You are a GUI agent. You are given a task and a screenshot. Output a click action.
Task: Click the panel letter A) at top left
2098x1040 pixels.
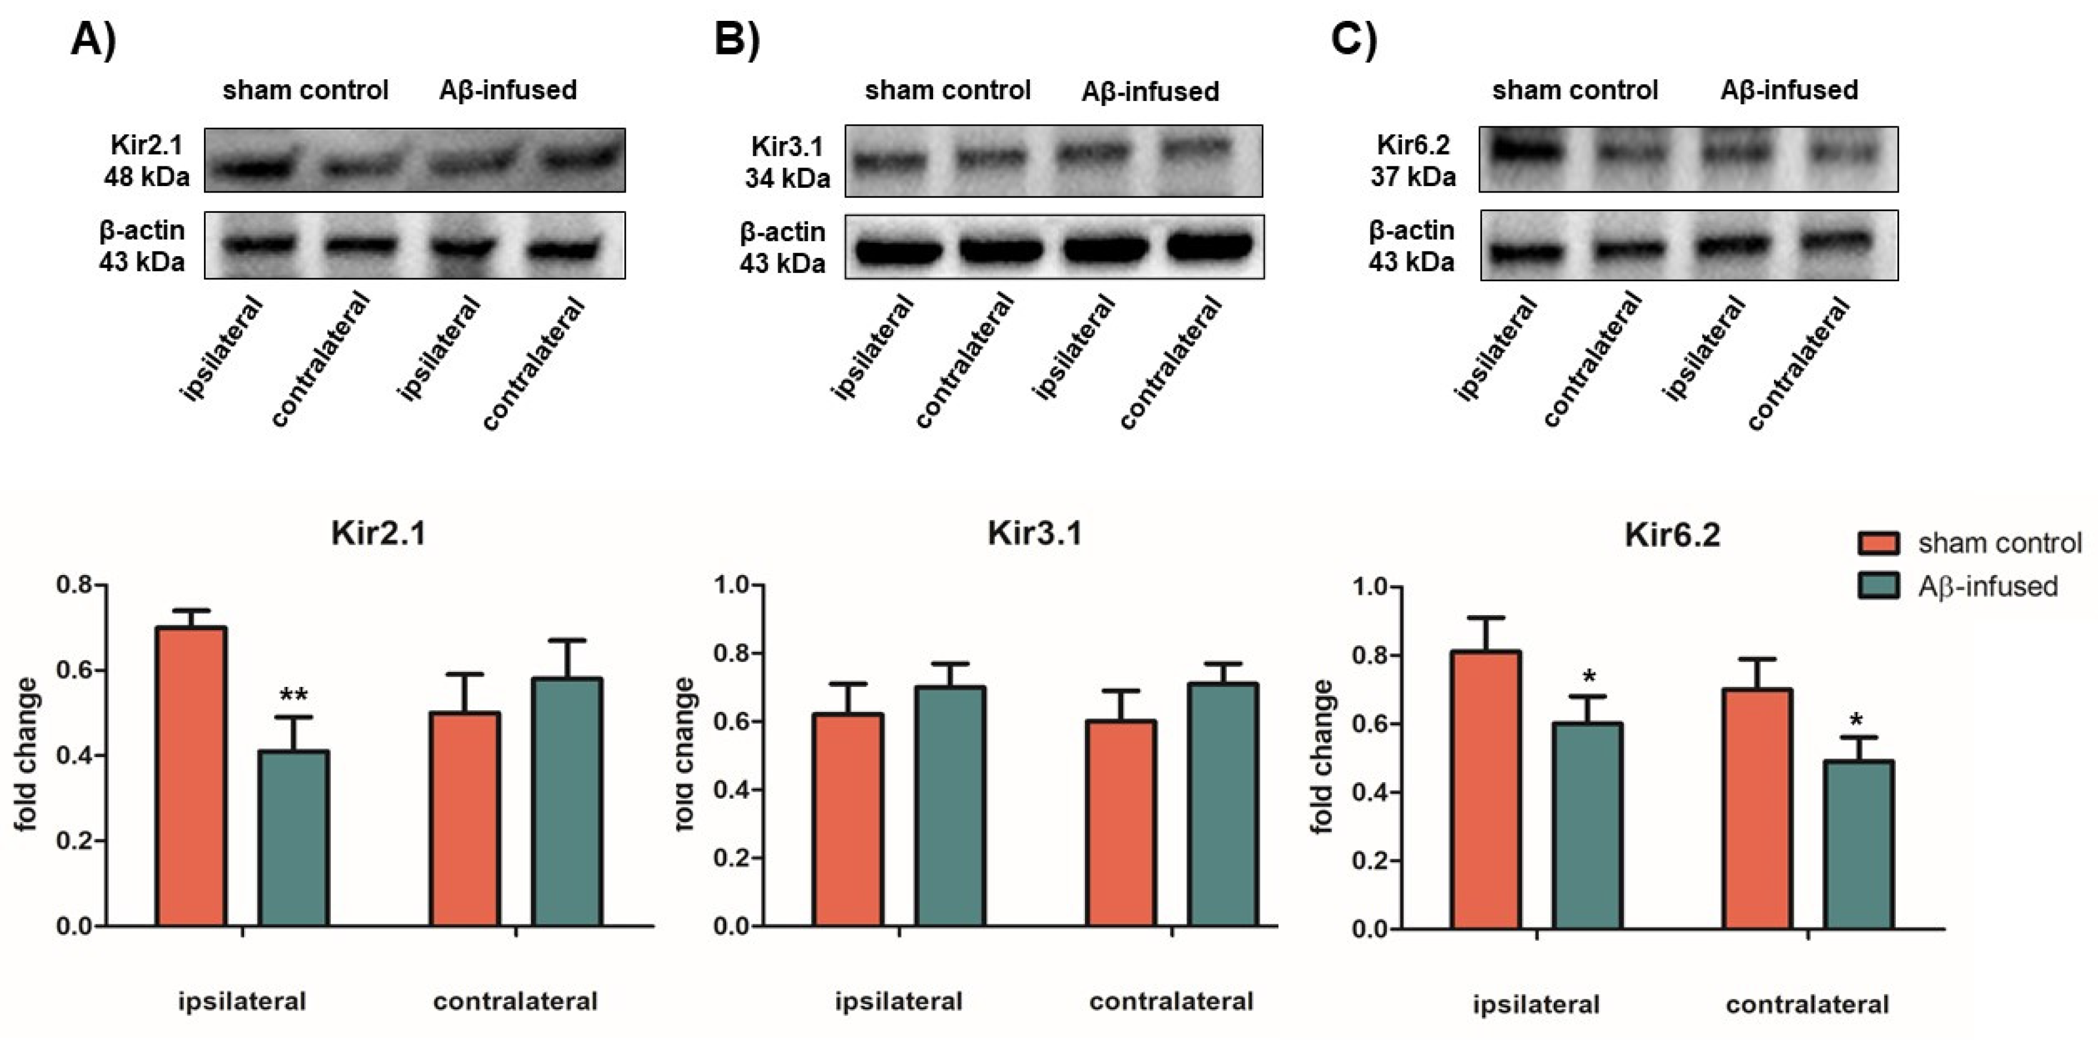pos(94,38)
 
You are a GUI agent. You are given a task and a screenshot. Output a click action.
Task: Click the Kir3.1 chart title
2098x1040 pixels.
pos(1035,533)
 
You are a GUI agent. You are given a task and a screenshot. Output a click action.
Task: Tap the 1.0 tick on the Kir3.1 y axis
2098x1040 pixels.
pos(737,585)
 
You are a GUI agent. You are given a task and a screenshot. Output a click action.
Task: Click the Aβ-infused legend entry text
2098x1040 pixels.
pos(1988,586)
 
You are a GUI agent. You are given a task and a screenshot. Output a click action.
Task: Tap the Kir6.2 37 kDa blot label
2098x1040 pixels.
pos(1413,161)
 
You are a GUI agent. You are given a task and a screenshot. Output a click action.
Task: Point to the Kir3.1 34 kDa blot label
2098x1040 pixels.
pos(787,162)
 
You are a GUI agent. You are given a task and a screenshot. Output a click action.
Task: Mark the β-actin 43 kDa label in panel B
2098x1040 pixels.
pos(782,248)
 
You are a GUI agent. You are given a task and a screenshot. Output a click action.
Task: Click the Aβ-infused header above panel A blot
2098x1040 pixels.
pos(507,90)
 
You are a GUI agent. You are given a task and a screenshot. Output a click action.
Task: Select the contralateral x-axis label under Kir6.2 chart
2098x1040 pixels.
pos(1807,1004)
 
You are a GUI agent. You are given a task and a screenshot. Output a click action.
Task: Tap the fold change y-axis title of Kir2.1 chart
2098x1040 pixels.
pos(26,753)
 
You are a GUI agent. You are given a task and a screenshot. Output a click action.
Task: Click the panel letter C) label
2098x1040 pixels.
pos(1354,38)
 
